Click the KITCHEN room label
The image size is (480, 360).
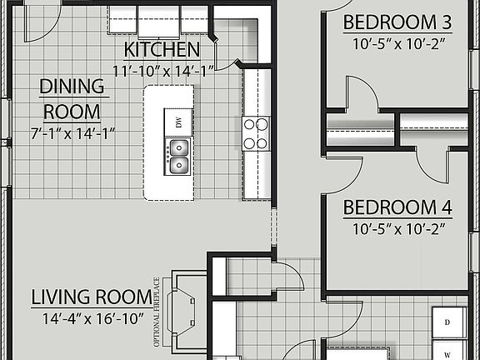point(162,48)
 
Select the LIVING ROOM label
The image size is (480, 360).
point(92,297)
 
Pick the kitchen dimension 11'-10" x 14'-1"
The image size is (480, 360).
point(163,71)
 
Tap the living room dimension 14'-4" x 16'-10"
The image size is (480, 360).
point(92,317)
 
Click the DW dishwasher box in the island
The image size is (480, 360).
point(178,122)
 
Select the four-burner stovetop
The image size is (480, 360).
point(256,133)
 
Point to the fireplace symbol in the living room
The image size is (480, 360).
point(182,309)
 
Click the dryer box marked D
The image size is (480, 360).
point(447,322)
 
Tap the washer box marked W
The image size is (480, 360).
point(447,350)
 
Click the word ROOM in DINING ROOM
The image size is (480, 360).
point(73,110)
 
